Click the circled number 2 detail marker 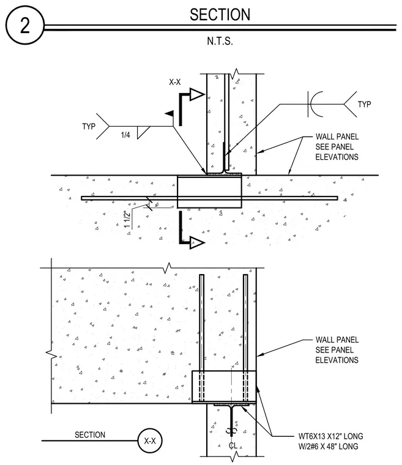tap(25, 26)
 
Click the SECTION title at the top tap(220, 15)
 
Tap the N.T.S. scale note tap(220, 41)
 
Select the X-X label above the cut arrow tap(175, 82)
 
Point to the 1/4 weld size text tap(125, 135)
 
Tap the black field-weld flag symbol tap(169, 113)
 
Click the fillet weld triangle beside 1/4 tap(143, 133)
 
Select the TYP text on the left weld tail tap(89, 126)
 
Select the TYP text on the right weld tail tap(364, 105)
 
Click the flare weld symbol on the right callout tap(315, 104)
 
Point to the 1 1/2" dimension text tap(127, 220)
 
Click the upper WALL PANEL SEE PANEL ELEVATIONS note tap(337, 147)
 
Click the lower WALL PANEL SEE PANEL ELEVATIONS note tap(337, 350)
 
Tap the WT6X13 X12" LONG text tap(330, 436)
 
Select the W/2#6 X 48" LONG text tap(328, 446)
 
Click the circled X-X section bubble tap(150, 441)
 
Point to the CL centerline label tap(233, 445)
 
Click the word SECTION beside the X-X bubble tap(90, 435)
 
